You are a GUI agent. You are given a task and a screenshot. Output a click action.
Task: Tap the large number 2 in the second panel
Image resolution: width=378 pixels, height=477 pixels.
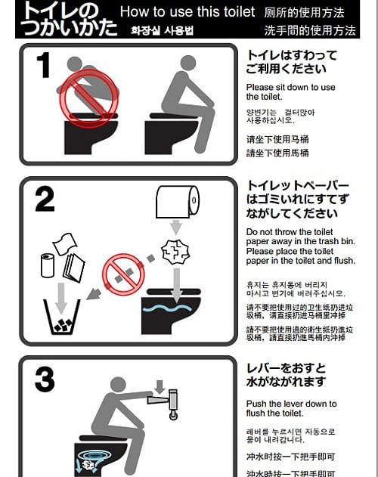pos(45,199)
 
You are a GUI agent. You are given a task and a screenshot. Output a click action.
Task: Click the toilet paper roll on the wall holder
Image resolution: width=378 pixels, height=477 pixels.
pos(176,202)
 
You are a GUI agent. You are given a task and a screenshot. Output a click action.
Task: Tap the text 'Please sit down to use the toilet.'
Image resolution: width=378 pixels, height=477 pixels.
pos(290,91)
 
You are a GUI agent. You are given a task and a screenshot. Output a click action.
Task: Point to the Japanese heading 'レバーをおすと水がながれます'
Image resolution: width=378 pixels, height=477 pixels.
pos(287,375)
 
